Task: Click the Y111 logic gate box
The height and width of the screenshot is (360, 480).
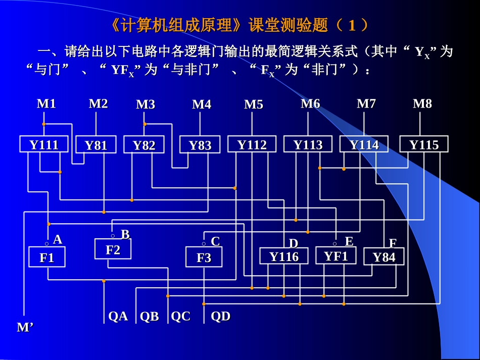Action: tap(43, 144)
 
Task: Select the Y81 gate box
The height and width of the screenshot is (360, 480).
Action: tap(96, 145)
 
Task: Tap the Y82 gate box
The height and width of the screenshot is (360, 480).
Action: tap(144, 145)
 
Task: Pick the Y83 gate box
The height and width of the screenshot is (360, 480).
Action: tap(200, 145)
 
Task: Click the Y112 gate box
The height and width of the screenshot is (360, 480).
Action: tap(252, 144)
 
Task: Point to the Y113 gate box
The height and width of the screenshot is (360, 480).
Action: tap(308, 144)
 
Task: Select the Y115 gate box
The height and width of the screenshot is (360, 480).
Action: tap(424, 144)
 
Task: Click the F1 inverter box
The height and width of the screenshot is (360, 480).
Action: tap(47, 258)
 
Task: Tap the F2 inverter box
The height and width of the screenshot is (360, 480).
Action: tap(113, 249)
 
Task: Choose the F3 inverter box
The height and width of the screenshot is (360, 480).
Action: tap(204, 258)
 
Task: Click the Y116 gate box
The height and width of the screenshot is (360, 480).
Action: tap(283, 256)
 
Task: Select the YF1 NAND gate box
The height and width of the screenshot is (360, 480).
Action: tap(336, 255)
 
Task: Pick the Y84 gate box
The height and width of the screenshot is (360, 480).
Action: tap(384, 256)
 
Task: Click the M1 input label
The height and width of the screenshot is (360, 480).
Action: tap(46, 104)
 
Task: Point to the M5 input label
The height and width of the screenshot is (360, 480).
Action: tap(254, 105)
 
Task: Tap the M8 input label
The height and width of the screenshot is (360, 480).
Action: tap(422, 104)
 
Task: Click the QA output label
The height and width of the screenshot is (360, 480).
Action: tap(118, 316)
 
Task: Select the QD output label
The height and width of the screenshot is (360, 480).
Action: tap(221, 316)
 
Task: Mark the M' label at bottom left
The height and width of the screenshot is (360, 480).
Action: tap(25, 327)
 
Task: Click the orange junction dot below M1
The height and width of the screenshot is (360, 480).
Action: tap(44, 124)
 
